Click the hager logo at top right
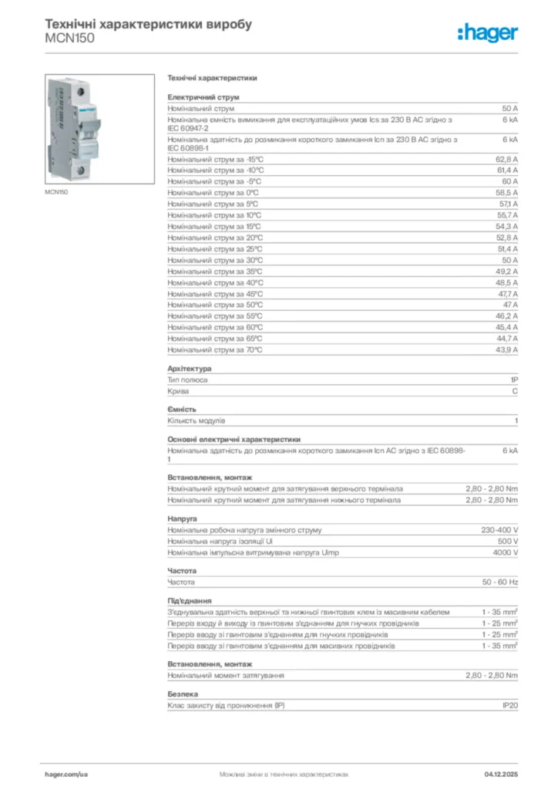pyautogui.click(x=487, y=32)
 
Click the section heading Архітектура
pyautogui.click(x=190, y=368)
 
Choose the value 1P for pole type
pyautogui.click(x=514, y=380)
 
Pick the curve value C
pyautogui.click(x=515, y=391)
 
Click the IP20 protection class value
pyautogui.click(x=510, y=705)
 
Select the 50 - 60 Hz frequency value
pyautogui.click(x=501, y=581)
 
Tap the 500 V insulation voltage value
pyautogui.click(x=506, y=541)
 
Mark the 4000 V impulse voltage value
pyautogui.click(x=505, y=552)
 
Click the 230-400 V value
pyautogui.click(x=499, y=530)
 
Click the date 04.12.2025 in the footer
pyautogui.click(x=501, y=773)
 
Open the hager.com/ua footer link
pyautogui.click(x=66, y=773)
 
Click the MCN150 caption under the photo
pyautogui.click(x=56, y=192)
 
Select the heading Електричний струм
pyautogui.click(x=203, y=97)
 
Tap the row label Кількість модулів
pyautogui.click(x=197, y=420)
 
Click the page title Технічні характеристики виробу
pyautogui.click(x=149, y=24)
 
